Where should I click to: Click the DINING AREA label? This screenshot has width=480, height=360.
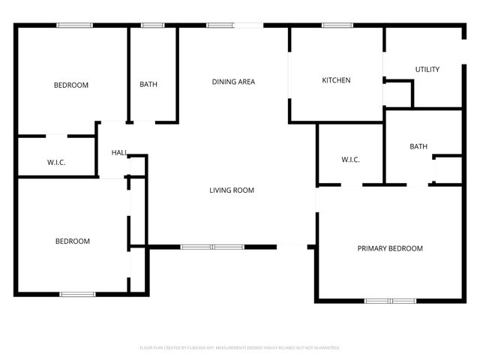point(233,82)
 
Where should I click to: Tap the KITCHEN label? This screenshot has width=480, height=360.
point(336,80)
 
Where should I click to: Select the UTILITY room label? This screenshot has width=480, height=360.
point(427,70)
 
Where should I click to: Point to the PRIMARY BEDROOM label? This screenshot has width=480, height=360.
point(389,248)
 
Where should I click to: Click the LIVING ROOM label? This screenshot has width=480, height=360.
point(231,190)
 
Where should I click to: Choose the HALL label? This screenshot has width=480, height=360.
point(119,152)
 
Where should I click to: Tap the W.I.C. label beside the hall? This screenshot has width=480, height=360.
point(56,162)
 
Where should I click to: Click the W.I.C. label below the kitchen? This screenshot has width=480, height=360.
point(350,160)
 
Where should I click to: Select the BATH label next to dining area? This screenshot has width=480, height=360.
point(148,85)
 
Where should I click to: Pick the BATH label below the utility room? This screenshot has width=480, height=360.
point(418,146)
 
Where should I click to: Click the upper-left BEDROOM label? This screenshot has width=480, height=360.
point(70,85)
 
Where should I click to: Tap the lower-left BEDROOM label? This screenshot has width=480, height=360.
point(72,241)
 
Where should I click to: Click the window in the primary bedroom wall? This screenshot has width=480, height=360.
point(390,301)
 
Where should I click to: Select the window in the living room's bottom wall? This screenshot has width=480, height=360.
point(211,247)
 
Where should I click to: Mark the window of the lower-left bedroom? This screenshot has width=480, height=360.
point(77,294)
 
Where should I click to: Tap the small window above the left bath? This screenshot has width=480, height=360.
point(153,25)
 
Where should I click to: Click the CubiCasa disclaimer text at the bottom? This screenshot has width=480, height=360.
point(240,348)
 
